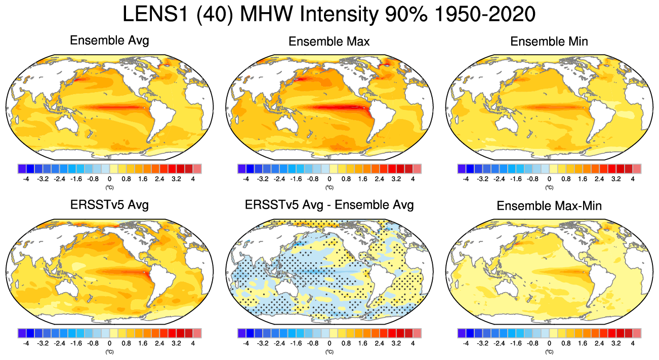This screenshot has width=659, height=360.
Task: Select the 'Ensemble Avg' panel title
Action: tap(109, 41)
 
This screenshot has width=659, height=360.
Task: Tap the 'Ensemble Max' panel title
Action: tap(329, 42)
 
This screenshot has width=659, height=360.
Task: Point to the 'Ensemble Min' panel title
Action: tap(549, 42)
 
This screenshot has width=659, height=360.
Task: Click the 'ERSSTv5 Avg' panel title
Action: tap(109, 205)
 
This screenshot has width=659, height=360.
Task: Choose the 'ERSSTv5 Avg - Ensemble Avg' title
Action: tap(329, 205)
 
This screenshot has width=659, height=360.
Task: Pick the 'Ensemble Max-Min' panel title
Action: tap(549, 206)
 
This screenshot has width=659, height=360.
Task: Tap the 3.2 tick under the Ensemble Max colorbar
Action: tap(396, 179)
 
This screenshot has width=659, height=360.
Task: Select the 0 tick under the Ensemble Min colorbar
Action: tap(549, 179)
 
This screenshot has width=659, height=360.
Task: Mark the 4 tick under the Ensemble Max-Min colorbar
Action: tap(633, 343)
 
